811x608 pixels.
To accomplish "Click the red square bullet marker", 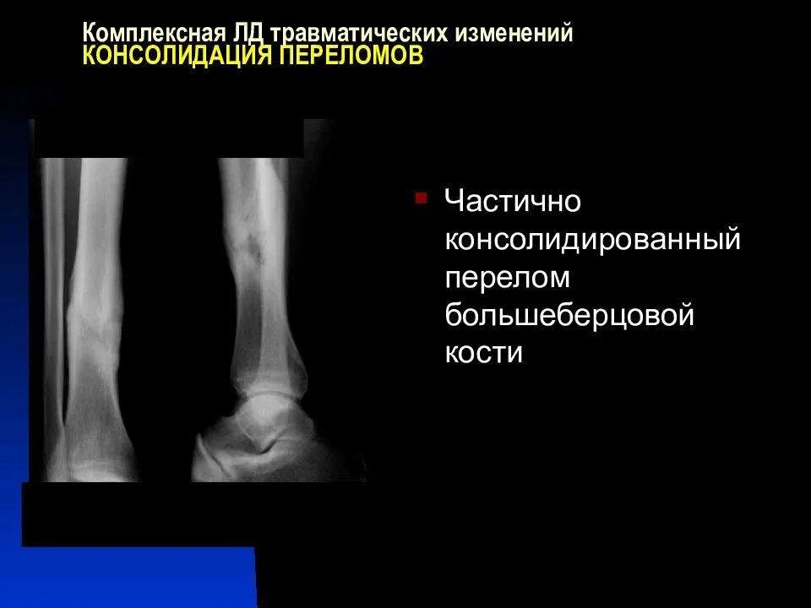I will pos(421,198).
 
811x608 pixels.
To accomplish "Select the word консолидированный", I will pos(592,241).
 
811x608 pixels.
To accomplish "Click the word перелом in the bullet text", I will pos(508,279).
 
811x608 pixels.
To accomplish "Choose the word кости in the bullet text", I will pos(484,353).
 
